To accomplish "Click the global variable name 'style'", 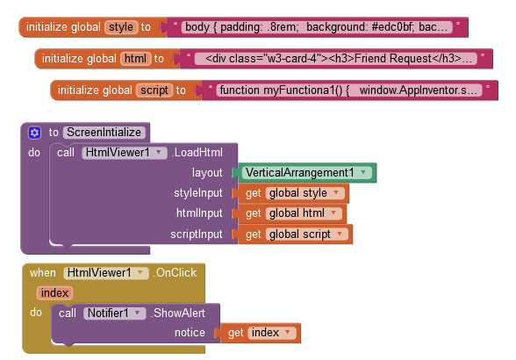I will coord(121,27).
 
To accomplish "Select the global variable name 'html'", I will coord(135,59).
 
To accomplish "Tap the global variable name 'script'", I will coord(154,90).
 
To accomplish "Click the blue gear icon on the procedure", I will coord(34,133).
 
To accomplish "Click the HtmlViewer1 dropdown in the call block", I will coord(124,153).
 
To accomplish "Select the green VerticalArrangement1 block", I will coord(304,173).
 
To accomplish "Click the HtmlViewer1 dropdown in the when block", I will coord(105,273).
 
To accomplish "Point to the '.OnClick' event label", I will coord(176,273).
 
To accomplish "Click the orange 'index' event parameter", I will coord(55,293).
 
